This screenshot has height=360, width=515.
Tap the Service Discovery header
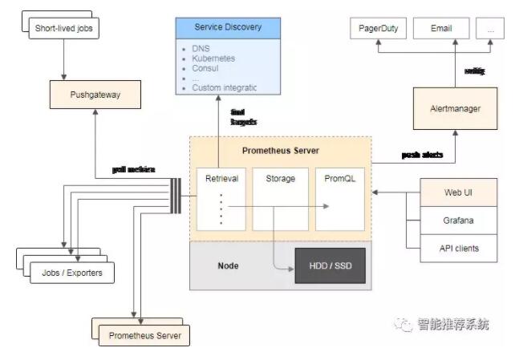pyautogui.click(x=228, y=27)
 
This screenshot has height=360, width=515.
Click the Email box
pyautogui.click(x=441, y=29)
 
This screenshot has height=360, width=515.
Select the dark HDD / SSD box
pyautogui.click(x=330, y=265)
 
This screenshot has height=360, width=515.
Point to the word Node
pyautogui.click(x=228, y=265)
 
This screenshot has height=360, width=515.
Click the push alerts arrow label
pyautogui.click(x=423, y=155)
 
